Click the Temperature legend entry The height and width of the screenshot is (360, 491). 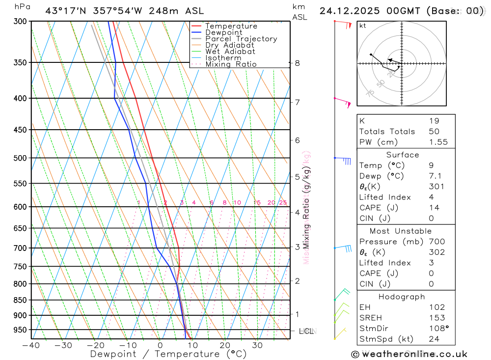tap(231, 26)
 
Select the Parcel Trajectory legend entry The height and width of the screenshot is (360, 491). tap(241, 39)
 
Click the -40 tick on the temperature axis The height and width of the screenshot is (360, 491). tap(30, 345)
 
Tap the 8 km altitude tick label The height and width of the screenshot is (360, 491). tap(297, 63)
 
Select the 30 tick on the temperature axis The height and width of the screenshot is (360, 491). tap(257, 345)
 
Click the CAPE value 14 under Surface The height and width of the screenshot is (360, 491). tap(434, 208)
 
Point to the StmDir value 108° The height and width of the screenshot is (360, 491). tap(437, 329)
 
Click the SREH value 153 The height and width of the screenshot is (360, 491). tap(436, 318)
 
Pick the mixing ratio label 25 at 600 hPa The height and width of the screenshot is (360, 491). tap(283, 203)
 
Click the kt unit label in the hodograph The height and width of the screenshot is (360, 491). tap(363, 26)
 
